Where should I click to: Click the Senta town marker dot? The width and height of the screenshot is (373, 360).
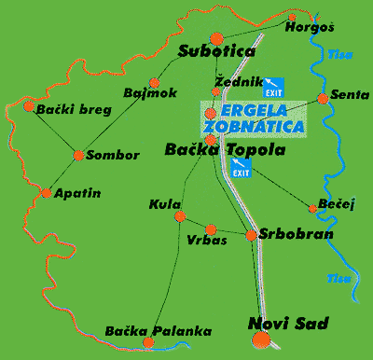pyautogui.click(x=323, y=98)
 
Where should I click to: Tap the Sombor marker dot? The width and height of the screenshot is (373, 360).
pyautogui.click(x=78, y=155)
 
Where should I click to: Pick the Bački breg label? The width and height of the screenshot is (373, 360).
pyautogui.click(x=74, y=110)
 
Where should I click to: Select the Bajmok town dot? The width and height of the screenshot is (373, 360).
pyautogui.click(x=154, y=82)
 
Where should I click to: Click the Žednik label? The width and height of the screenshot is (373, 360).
pyautogui.click(x=232, y=81)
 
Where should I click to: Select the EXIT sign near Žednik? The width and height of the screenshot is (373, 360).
pyautogui.click(x=274, y=85)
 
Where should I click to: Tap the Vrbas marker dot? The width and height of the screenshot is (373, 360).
pyautogui.click(x=211, y=228)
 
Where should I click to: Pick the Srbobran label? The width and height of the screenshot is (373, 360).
pyautogui.click(x=296, y=233)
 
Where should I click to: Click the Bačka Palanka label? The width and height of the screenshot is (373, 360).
pyautogui.click(x=159, y=331)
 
